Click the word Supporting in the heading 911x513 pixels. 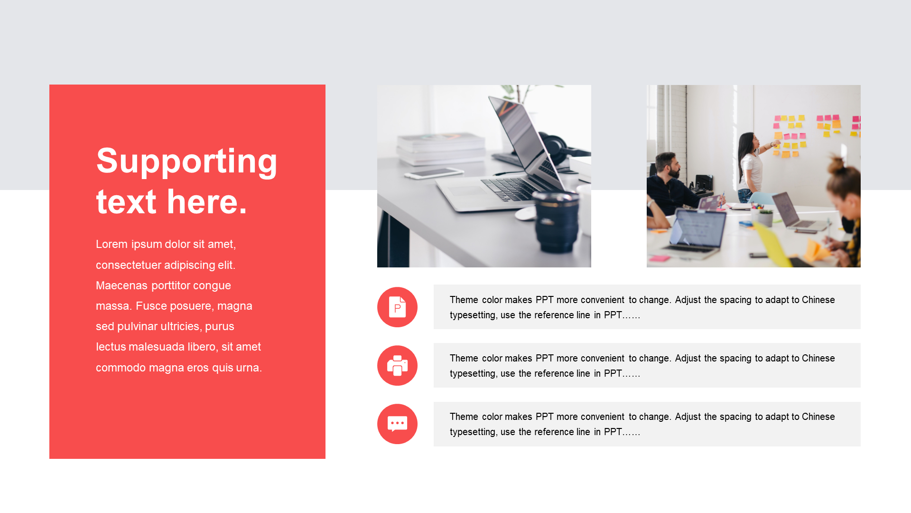point(186,161)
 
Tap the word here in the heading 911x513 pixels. point(207,202)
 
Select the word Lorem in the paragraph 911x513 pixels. point(112,244)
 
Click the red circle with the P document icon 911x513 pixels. point(397,307)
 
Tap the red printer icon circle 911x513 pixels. point(397,365)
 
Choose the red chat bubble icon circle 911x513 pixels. point(397,424)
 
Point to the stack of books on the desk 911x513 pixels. point(442,149)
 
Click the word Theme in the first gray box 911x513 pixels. point(464,300)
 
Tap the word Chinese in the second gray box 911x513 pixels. point(818,358)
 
